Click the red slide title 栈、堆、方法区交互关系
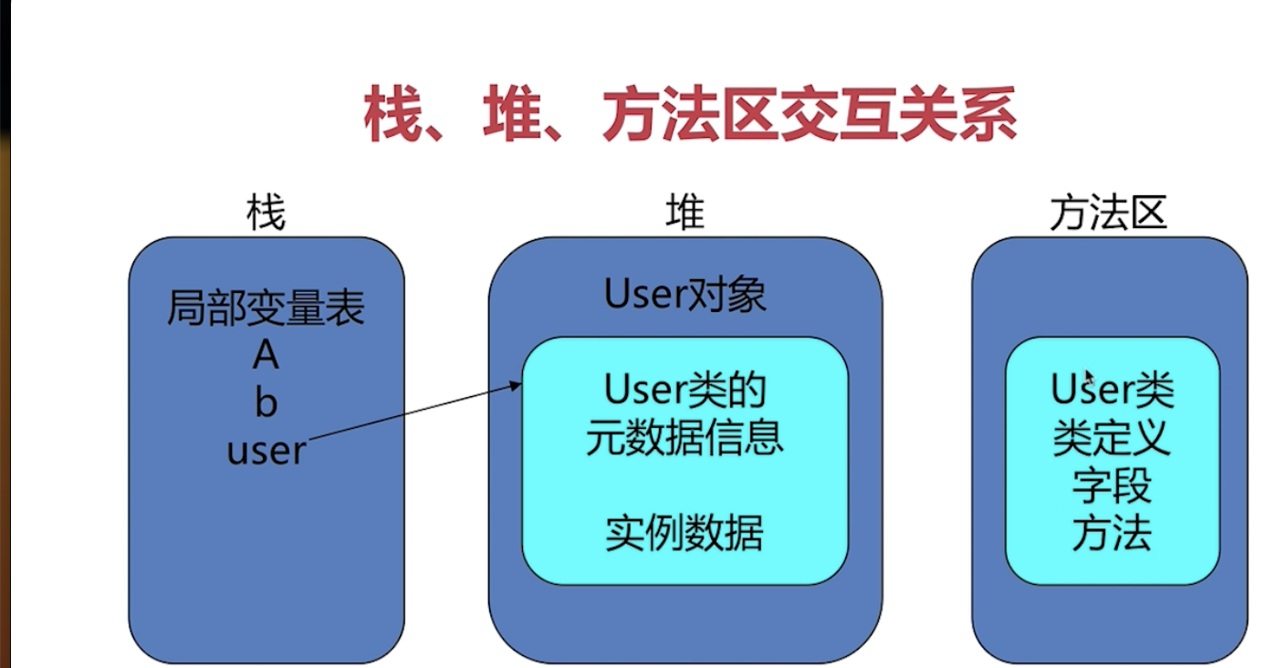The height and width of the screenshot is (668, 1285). click(x=690, y=117)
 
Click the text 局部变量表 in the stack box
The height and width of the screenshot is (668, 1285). click(x=266, y=309)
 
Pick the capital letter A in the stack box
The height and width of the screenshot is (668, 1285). click(x=266, y=355)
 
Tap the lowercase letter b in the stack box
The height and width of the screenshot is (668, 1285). click(x=266, y=402)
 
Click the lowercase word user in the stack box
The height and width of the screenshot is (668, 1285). click(x=266, y=451)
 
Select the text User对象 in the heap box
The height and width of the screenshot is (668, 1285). click(x=684, y=295)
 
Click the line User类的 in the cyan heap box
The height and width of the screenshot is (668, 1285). click(x=684, y=391)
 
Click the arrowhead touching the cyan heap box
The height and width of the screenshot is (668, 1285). click(x=517, y=386)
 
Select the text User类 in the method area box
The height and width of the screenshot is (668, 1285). click(x=1112, y=391)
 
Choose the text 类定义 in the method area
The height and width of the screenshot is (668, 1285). click(x=1112, y=439)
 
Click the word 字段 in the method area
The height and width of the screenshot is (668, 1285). click(x=1112, y=486)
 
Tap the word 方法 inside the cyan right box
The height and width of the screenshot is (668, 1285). click(x=1112, y=534)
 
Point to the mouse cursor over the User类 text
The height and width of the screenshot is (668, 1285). click(x=1089, y=377)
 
